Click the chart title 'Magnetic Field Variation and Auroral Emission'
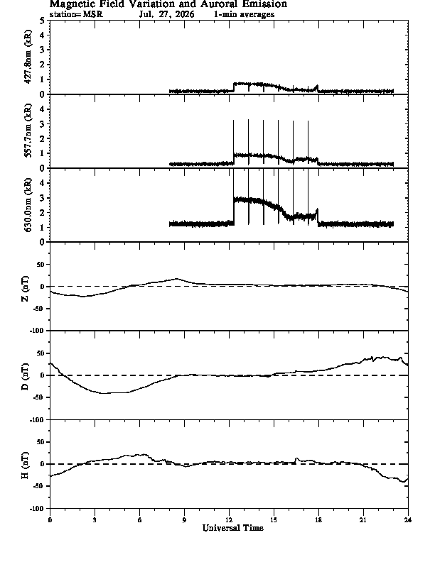point(168,4)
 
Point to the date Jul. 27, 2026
point(167,14)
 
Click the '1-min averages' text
point(244,14)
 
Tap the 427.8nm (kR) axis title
point(28,57)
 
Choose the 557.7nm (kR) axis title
point(28,131)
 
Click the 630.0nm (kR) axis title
point(28,204)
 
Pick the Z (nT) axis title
point(25,289)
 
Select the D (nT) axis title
point(25,377)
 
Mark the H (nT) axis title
point(25,465)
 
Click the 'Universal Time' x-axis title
point(233,528)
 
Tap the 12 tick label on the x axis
point(229,520)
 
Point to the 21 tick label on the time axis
point(363,520)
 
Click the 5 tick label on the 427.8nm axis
point(43,21)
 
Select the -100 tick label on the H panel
point(38,508)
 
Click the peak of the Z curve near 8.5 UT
point(176,278)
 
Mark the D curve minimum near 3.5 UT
point(104,393)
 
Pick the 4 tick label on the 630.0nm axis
point(43,184)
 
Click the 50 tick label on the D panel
point(41,353)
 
